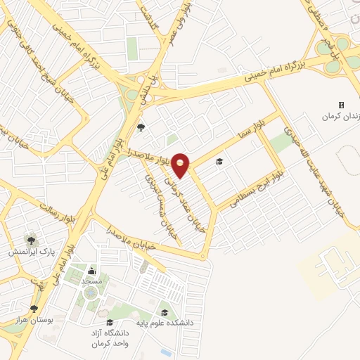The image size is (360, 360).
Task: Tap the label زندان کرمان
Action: click(340, 117)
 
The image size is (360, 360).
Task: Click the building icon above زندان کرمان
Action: click(342, 105)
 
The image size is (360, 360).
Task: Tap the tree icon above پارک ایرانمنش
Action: click(30, 239)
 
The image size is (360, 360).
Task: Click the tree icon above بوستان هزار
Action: click(34, 309)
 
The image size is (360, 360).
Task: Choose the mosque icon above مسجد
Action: click(91, 271)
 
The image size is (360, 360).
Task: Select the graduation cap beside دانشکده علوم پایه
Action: click(165, 313)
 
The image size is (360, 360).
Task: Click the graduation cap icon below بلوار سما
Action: click(219, 162)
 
